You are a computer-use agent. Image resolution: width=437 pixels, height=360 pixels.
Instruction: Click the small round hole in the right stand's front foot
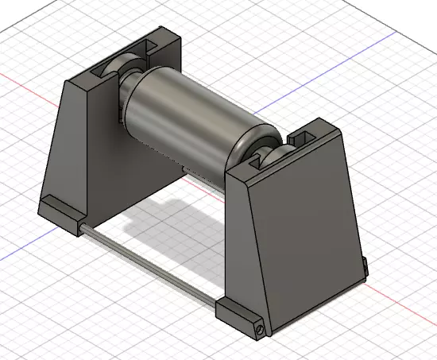click(x=258, y=326)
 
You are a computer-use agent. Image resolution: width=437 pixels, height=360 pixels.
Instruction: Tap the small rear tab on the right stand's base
click(x=365, y=267)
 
